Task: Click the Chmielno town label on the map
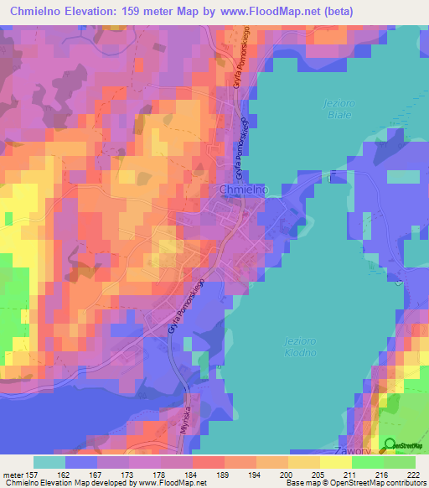pos(242,190)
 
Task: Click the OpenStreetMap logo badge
pos(401,446)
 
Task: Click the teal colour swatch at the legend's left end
pos(49,462)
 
